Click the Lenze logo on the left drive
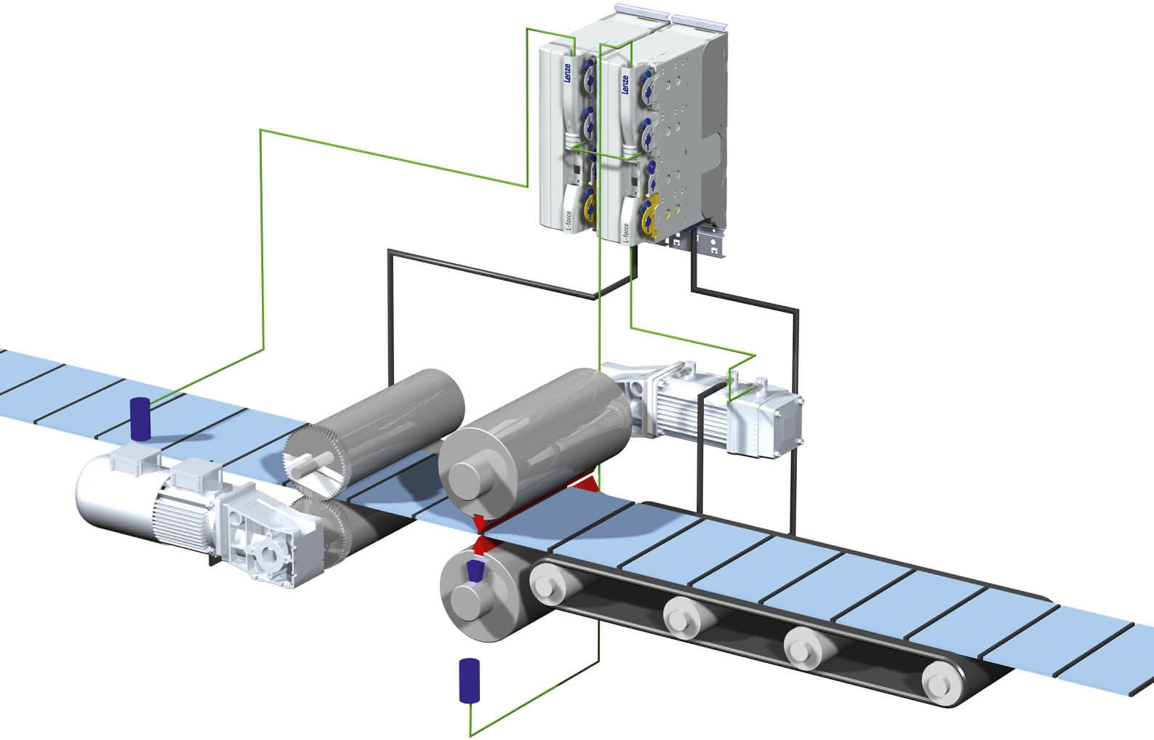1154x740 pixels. (567, 73)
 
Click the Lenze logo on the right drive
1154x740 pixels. (625, 84)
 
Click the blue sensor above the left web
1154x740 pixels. (140, 419)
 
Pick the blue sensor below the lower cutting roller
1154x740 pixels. (469, 680)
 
